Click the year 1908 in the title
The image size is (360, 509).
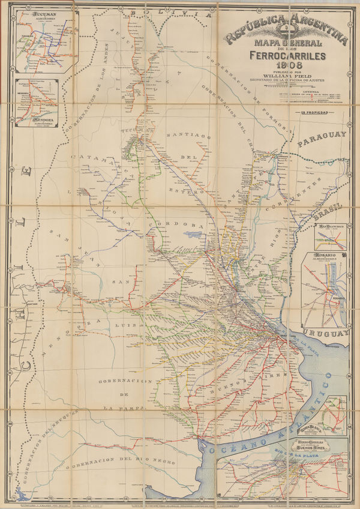(286, 67)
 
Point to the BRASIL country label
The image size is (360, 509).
(331, 211)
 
